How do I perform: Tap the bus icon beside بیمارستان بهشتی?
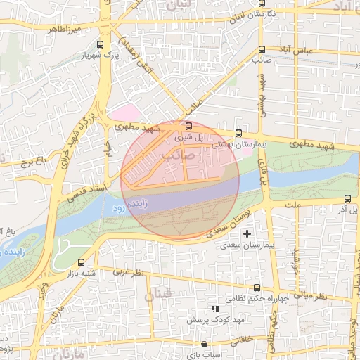click(238, 132)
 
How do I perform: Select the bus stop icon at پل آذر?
click(347, 199)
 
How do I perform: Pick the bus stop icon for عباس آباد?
click(262, 49)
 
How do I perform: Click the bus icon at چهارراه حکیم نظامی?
click(257, 288)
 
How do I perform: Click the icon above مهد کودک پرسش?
click(215, 309)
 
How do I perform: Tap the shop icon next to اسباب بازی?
click(204, 345)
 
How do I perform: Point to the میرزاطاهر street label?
click(65, 30)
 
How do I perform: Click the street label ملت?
click(294, 204)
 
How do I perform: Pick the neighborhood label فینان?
click(157, 296)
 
